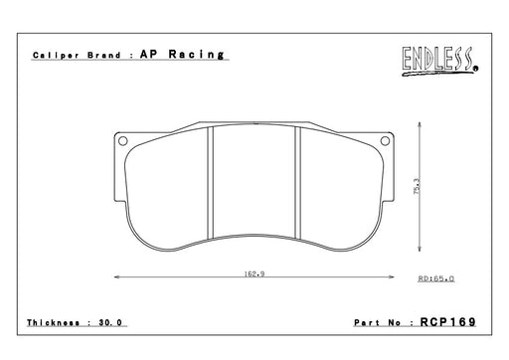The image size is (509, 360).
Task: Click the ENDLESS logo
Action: (x=440, y=62)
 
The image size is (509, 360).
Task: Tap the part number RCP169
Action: (x=448, y=322)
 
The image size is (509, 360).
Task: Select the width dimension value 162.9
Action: (x=254, y=274)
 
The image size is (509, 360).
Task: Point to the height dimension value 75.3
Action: (x=417, y=186)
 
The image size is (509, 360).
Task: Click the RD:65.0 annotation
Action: (x=436, y=278)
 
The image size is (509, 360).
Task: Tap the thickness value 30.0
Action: (x=110, y=322)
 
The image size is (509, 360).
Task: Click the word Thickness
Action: (x=53, y=322)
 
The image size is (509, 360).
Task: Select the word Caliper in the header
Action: (x=56, y=56)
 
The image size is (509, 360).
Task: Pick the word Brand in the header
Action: (x=104, y=55)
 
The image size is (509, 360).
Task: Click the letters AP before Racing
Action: (x=148, y=54)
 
